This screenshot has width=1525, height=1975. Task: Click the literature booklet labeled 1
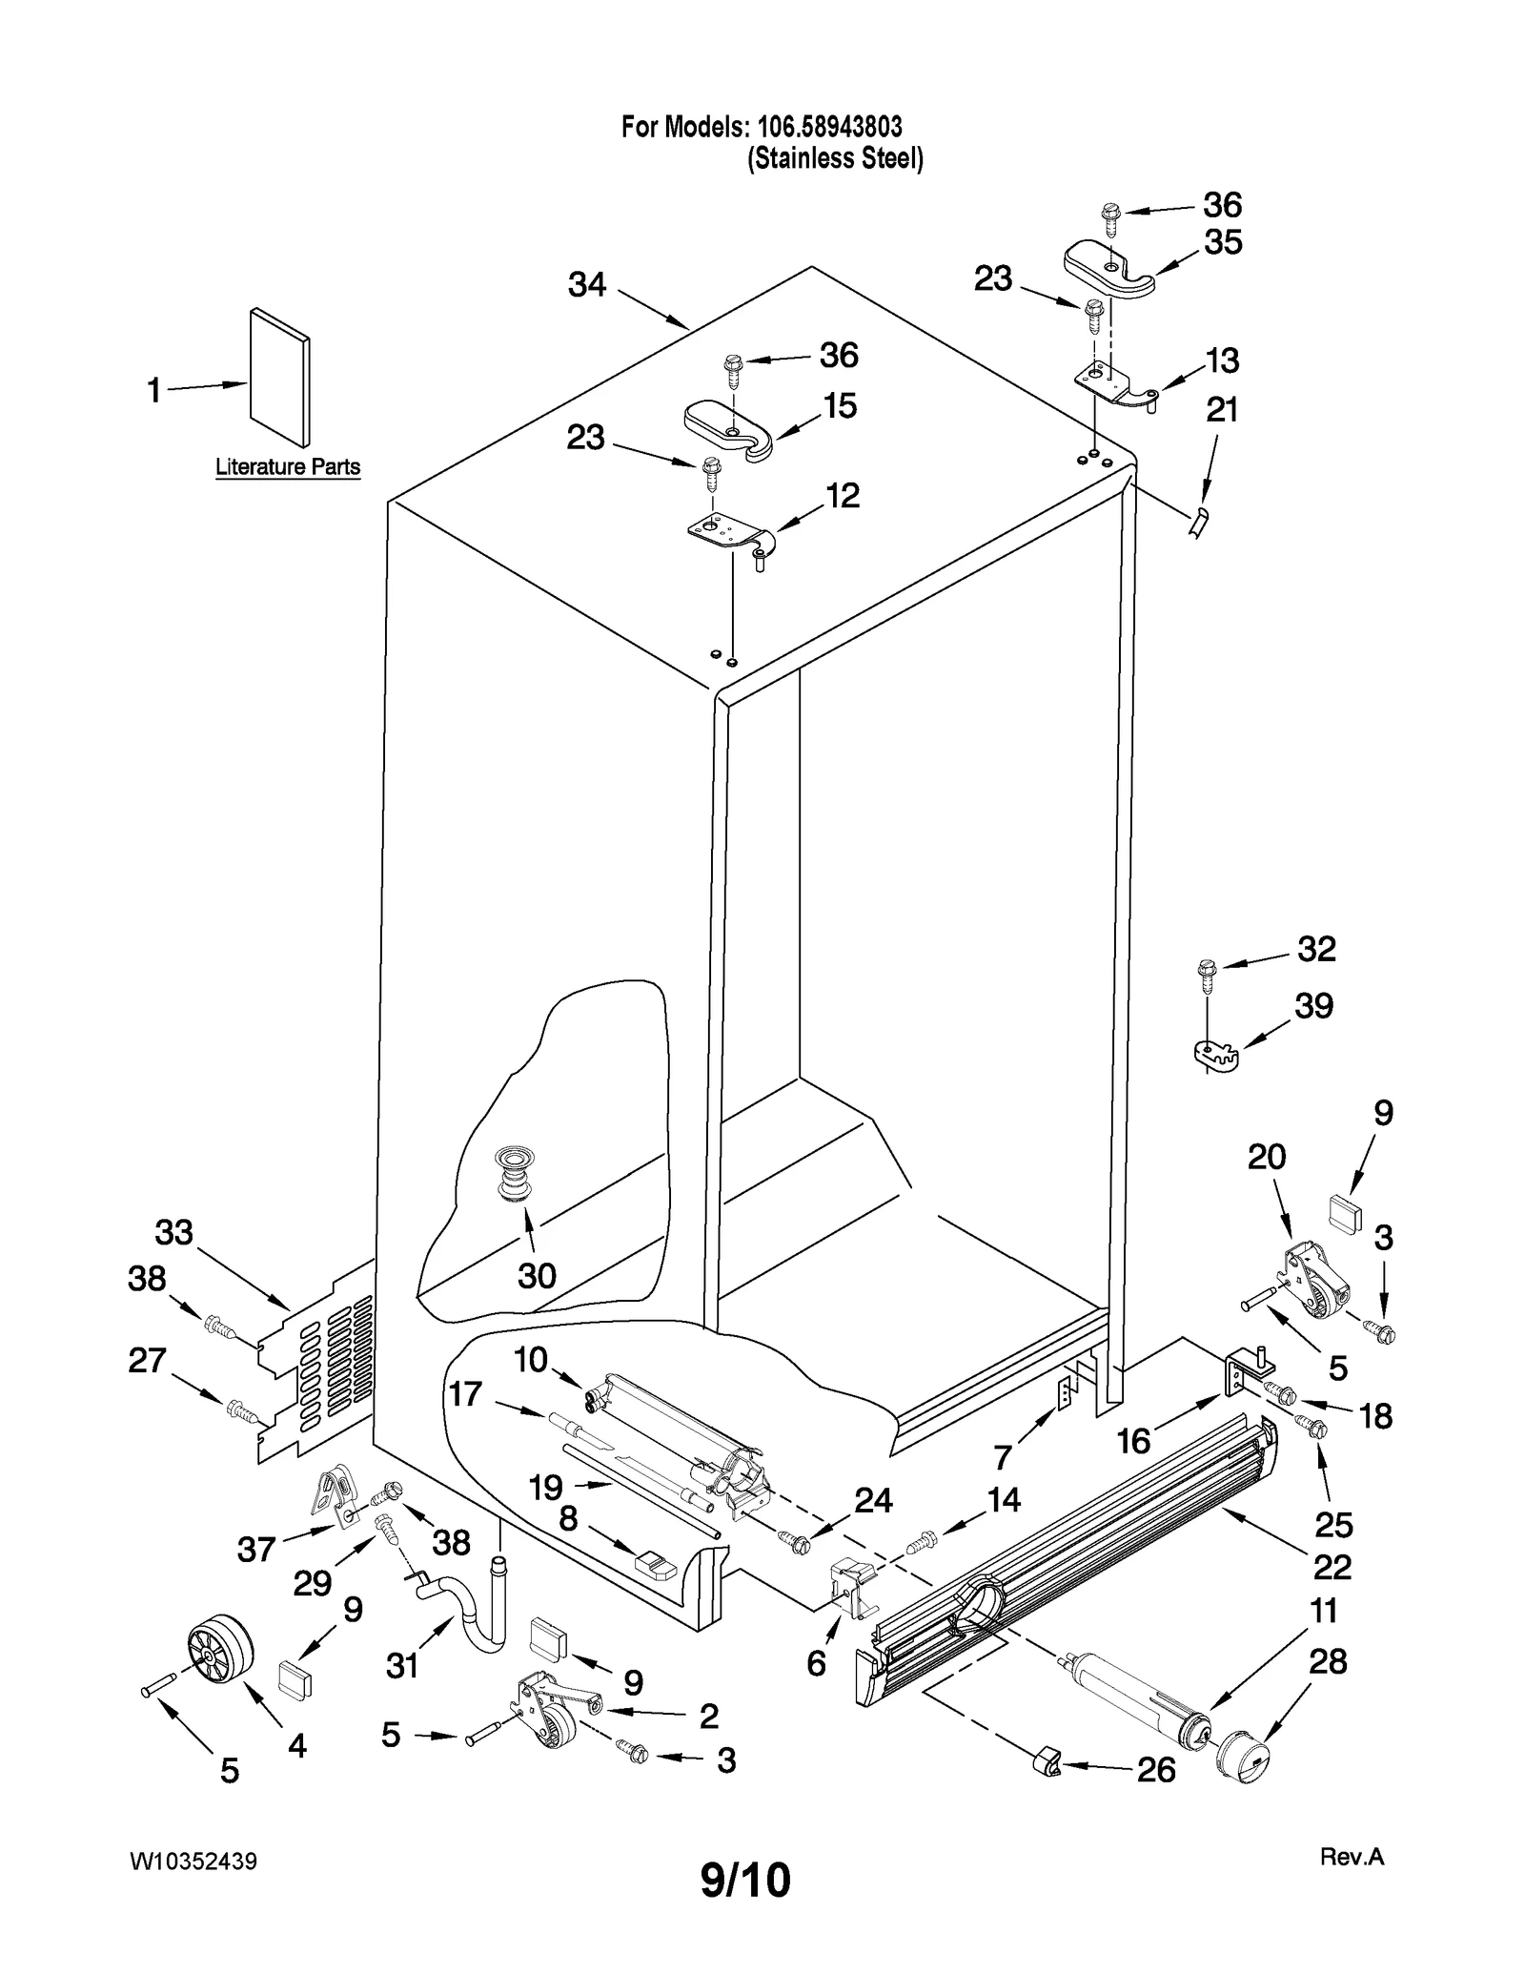(x=279, y=378)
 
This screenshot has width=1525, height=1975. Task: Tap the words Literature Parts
(x=288, y=467)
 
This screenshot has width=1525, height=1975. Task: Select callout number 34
(x=587, y=284)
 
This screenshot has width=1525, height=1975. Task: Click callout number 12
(x=843, y=495)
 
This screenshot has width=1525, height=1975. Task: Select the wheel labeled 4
(x=219, y=1652)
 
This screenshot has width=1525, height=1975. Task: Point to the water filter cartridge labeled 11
(x=1134, y=1704)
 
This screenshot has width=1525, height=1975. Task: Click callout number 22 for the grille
(x=1332, y=1566)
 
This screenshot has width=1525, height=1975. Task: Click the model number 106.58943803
(x=829, y=126)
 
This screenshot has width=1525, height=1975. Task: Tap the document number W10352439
(x=193, y=1862)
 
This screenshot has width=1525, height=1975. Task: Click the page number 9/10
(x=745, y=1881)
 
